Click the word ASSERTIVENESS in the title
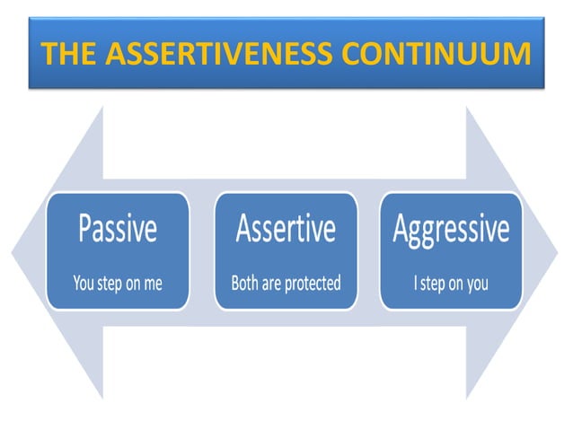[x=210, y=56]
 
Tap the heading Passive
[x=118, y=230]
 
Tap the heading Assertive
[x=286, y=230]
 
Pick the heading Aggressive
[x=451, y=230]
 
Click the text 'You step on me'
[x=118, y=284]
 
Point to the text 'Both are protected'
[x=286, y=284]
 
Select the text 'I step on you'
[x=451, y=284]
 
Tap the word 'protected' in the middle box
[x=312, y=285]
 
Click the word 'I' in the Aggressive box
[x=415, y=284]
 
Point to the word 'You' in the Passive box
[x=84, y=284]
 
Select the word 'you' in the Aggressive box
[x=477, y=285]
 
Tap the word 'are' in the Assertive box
[x=272, y=284]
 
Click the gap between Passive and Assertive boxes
[x=202, y=250]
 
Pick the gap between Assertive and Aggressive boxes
[x=368, y=250]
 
